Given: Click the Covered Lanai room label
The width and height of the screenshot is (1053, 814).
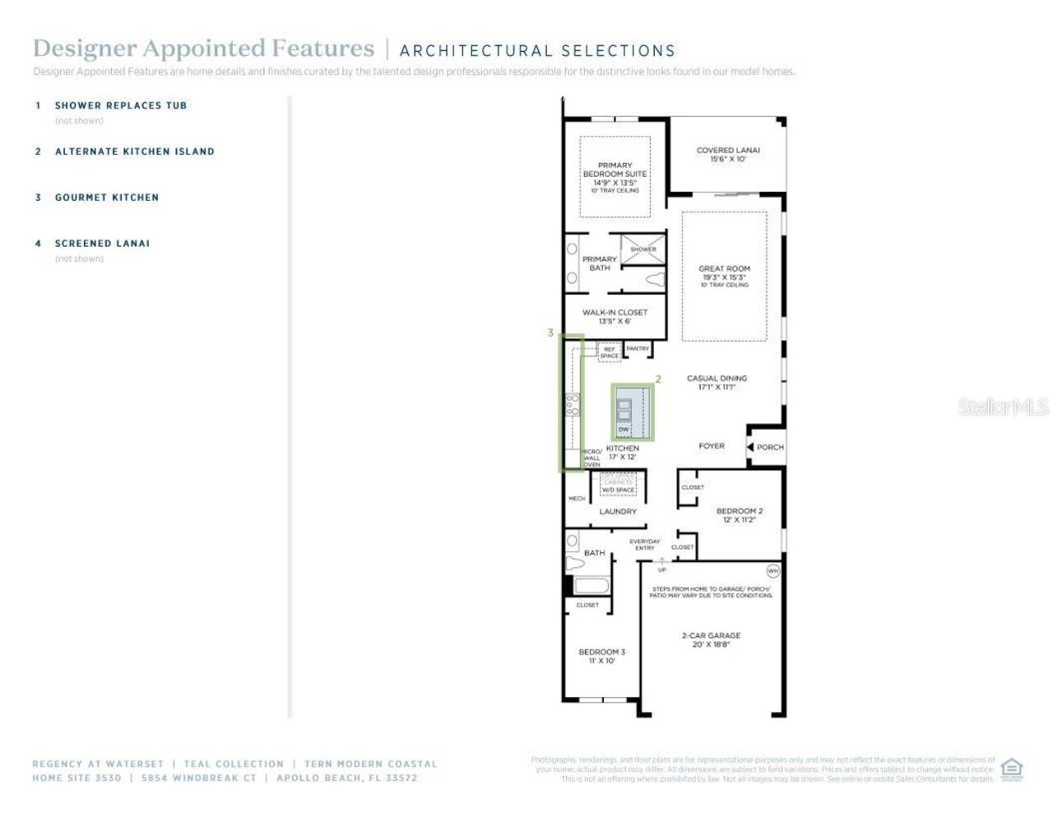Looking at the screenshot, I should [728, 154].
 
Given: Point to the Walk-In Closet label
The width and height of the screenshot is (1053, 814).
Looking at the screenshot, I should [615, 316].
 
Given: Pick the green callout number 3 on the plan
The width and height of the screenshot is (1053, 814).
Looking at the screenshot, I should [550, 333].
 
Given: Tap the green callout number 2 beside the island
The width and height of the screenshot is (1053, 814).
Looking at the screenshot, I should [658, 379].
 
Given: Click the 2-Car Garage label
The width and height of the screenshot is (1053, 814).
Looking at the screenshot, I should [711, 640].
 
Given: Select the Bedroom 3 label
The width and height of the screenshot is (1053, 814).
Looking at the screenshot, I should [601, 656].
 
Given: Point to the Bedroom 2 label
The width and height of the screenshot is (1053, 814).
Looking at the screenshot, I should [739, 515].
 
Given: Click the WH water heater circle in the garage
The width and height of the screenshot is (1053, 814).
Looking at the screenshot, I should [772, 570].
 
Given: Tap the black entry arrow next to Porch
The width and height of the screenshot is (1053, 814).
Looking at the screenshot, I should [749, 447].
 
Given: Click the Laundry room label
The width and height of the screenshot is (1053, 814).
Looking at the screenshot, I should [618, 511].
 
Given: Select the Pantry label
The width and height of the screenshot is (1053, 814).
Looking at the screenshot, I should [638, 348].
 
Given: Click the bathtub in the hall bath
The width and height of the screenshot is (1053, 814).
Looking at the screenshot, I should [591, 585].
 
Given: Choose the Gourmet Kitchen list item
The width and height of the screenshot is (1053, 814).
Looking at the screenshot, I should [106, 198].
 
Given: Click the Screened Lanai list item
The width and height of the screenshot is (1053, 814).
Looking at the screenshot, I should [102, 244].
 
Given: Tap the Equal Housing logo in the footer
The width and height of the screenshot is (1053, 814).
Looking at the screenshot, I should [1011, 770].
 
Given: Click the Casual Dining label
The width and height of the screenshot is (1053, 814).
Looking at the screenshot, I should [717, 382].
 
